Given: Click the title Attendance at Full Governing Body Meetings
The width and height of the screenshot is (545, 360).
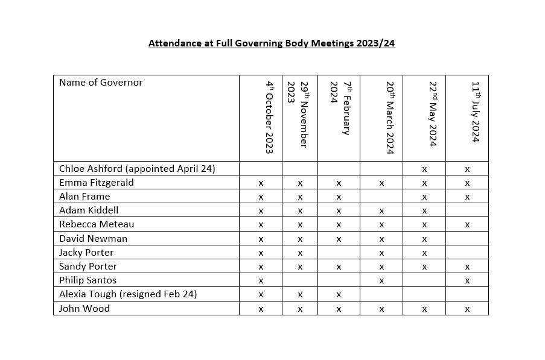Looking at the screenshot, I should [272, 43].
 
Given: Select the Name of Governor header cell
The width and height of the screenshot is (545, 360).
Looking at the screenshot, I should [101, 83].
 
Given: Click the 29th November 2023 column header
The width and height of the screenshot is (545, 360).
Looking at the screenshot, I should [299, 115].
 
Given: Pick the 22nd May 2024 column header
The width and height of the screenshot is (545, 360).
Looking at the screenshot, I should [432, 114].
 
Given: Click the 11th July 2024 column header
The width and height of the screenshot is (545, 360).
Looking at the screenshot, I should [475, 112].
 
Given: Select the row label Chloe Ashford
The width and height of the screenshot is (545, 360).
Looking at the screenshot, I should [137, 168].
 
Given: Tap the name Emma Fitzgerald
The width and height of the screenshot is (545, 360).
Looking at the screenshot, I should [97, 182].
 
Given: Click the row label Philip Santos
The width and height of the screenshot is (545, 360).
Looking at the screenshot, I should [88, 280].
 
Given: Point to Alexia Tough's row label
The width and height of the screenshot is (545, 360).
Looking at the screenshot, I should [128, 294].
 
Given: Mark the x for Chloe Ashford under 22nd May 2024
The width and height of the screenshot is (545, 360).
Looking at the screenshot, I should [424, 169].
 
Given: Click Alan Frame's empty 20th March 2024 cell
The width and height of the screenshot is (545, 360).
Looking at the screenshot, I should [381, 197].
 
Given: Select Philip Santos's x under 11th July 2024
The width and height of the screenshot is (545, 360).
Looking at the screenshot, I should [467, 281].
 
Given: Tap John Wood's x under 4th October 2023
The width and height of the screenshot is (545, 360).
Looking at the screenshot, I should [261, 309].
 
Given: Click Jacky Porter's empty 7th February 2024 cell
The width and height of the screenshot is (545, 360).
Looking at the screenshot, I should [339, 253].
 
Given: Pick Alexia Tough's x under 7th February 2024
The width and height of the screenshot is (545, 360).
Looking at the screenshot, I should [339, 295].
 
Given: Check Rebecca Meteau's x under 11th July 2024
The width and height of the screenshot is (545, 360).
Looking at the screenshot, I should [467, 225].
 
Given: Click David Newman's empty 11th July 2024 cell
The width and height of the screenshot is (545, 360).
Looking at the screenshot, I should [467, 239].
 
